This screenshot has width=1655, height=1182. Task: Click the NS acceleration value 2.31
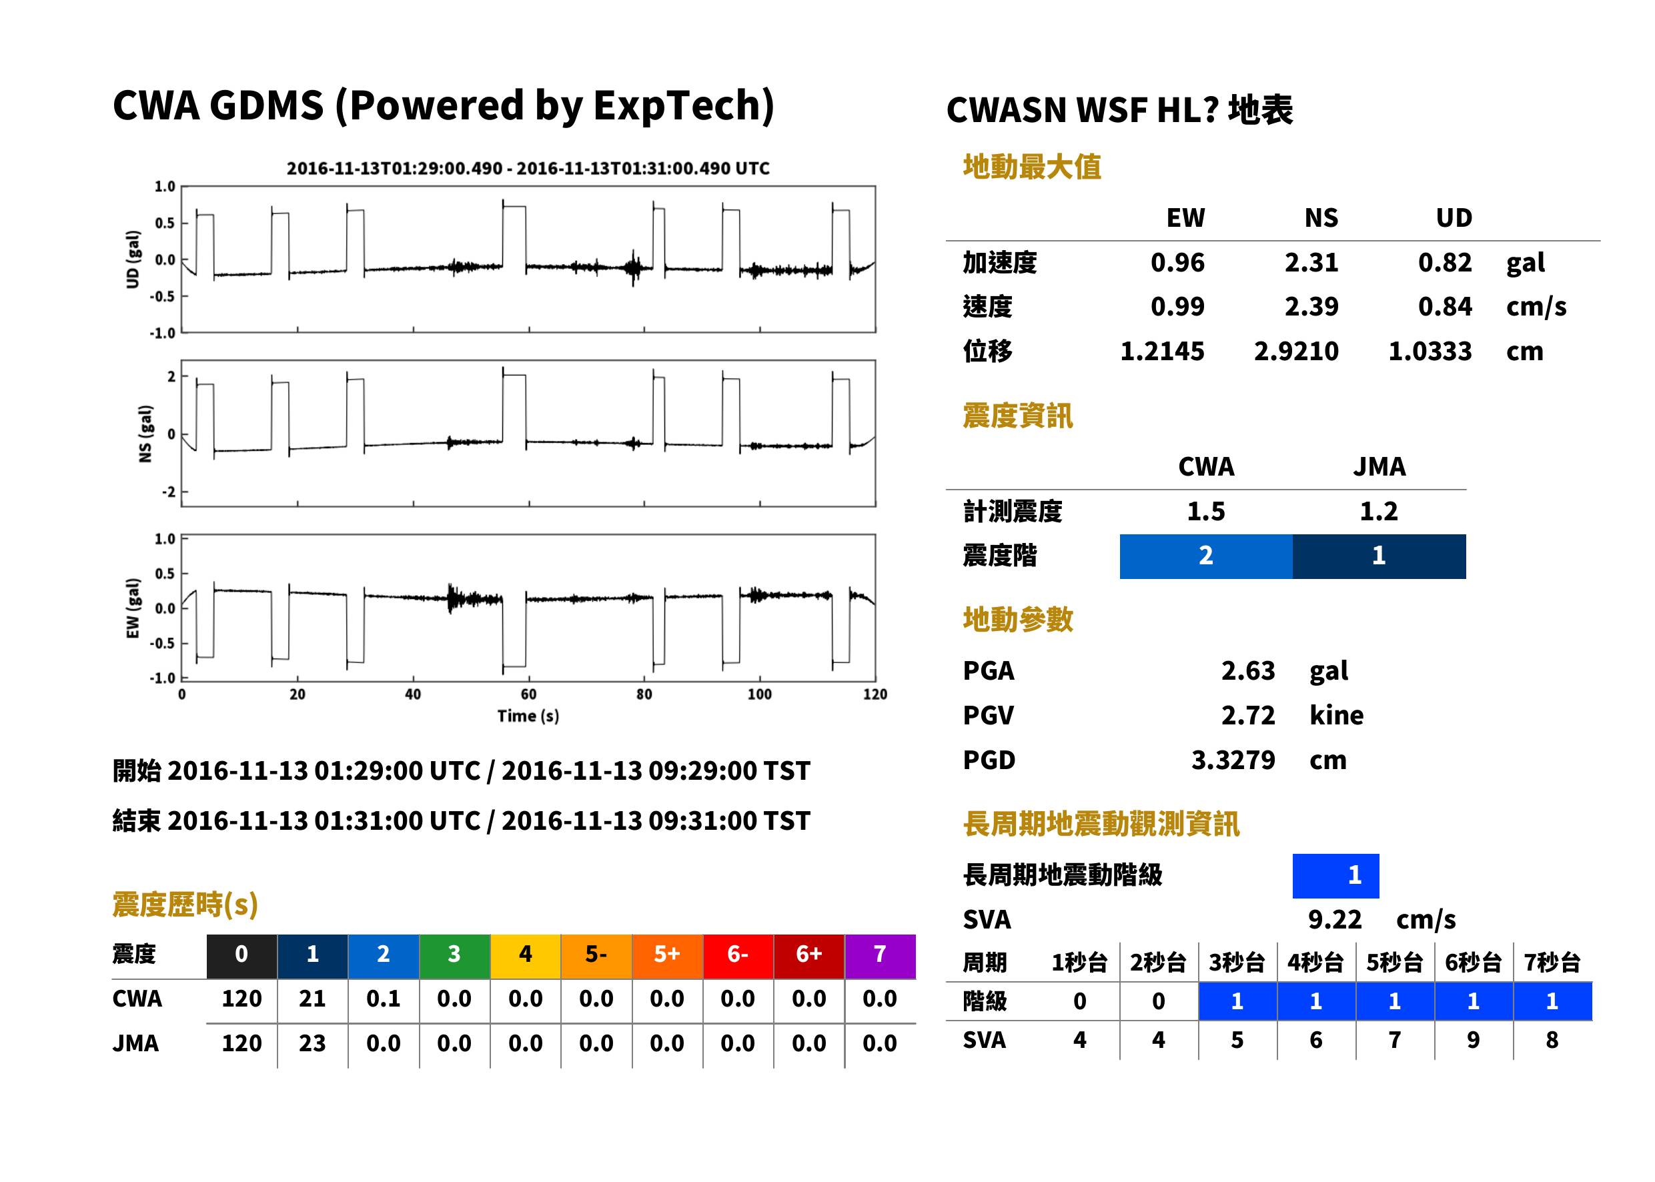(x=1311, y=262)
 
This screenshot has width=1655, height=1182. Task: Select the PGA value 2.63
(x=1247, y=670)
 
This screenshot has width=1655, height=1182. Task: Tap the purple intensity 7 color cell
(x=880, y=954)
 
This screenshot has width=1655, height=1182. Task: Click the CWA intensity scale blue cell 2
(x=1206, y=556)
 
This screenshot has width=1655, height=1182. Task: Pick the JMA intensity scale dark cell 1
(x=1380, y=556)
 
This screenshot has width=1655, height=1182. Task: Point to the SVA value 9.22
(x=1335, y=920)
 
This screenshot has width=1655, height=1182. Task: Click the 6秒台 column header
(x=1473, y=962)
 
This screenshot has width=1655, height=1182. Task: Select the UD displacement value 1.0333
(x=1430, y=352)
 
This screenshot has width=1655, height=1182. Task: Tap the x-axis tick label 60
(x=528, y=694)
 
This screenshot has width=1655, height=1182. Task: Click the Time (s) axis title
(x=528, y=716)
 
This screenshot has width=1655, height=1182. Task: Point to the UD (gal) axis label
(x=133, y=259)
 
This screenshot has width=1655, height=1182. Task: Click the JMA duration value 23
(x=312, y=1043)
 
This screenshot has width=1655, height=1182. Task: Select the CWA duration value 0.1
(x=384, y=999)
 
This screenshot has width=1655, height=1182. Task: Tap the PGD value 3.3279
(x=1233, y=760)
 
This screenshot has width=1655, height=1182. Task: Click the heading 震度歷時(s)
(x=185, y=905)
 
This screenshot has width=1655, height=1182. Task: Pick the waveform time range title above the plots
(x=528, y=168)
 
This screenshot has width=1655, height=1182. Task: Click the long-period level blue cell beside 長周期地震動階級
(x=1335, y=876)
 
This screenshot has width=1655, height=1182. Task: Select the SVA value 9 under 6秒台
(x=1473, y=1040)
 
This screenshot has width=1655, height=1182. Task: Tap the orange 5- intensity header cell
(x=596, y=954)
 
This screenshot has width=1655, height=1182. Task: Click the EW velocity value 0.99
(x=1177, y=306)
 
